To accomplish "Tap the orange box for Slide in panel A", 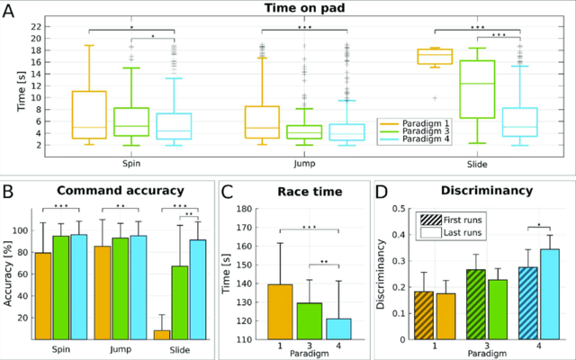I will pyautogui.click(x=435, y=57).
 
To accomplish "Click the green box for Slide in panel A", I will pyautogui.click(x=478, y=89).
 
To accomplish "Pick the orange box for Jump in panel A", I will pyautogui.click(x=262, y=121).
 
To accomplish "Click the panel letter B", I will pyautogui.click(x=8, y=191).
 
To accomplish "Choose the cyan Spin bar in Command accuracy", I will pyautogui.click(x=78, y=287).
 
